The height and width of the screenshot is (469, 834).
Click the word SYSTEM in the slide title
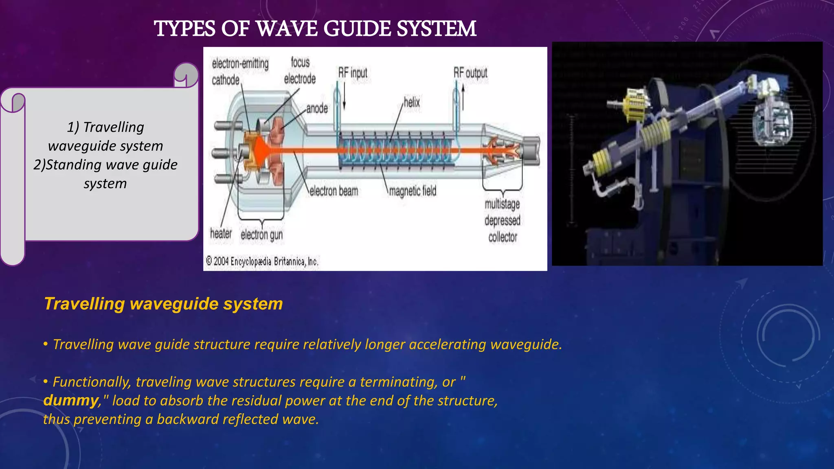(436, 29)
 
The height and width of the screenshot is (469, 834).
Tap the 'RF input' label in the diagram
(353, 73)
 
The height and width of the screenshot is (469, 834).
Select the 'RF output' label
(470, 73)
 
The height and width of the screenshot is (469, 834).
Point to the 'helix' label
(412, 102)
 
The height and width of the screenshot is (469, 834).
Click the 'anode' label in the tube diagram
(317, 108)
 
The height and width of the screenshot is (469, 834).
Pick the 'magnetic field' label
(413, 191)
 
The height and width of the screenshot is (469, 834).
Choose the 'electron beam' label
(334, 191)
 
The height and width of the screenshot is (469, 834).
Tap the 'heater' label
(221, 234)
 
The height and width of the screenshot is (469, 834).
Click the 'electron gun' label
(261, 235)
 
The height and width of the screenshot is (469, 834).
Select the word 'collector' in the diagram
(503, 237)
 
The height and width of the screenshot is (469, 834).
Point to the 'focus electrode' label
(300, 70)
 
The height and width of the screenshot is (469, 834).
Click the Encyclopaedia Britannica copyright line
(262, 261)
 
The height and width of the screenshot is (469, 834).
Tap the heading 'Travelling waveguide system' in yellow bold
(163, 304)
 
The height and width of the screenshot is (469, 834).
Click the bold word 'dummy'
(71, 400)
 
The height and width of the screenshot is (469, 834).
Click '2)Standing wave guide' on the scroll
(105, 164)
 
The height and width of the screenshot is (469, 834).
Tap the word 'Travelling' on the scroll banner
(113, 127)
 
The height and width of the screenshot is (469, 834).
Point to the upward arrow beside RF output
(463, 98)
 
